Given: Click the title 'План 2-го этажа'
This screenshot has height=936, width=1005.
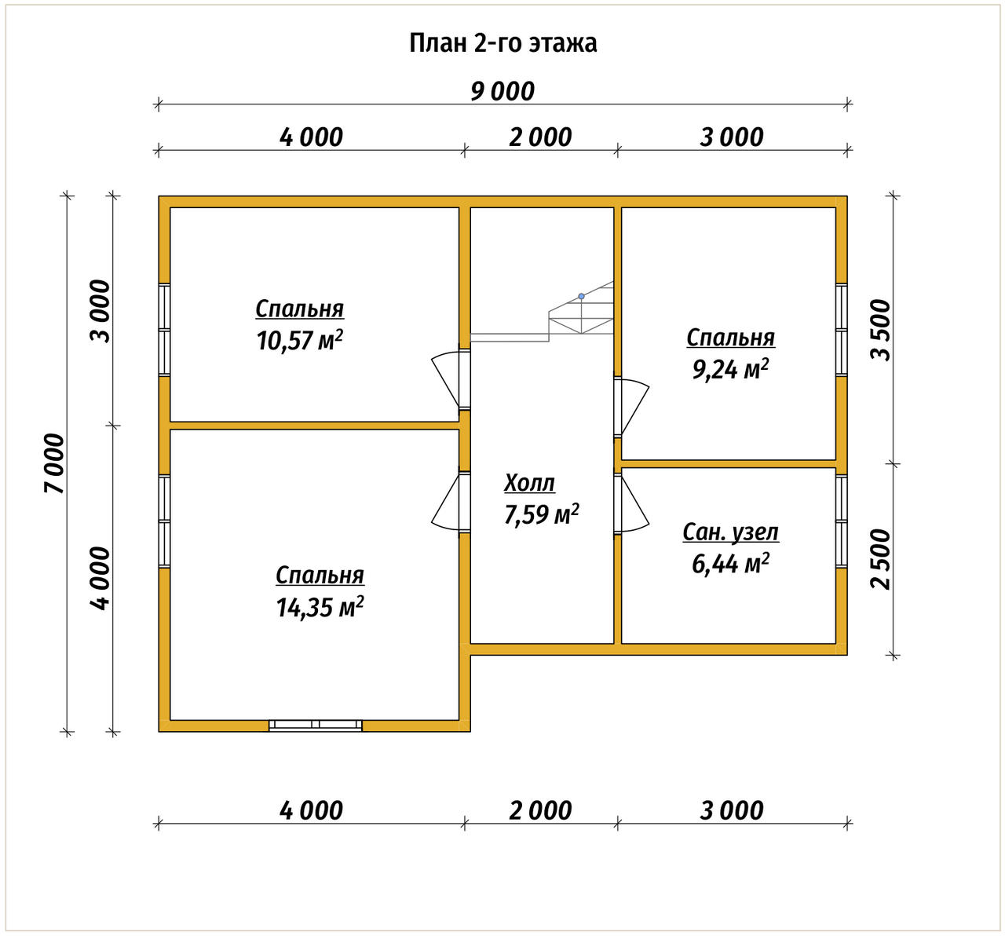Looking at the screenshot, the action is click(502, 43).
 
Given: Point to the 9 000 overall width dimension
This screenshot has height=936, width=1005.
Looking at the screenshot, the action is click(502, 92).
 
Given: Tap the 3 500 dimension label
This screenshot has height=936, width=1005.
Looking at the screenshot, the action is click(881, 330).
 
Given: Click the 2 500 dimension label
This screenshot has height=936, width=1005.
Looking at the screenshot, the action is click(881, 559).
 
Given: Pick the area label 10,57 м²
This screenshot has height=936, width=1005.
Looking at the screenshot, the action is click(300, 341).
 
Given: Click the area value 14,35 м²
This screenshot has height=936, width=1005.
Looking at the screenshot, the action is click(320, 607).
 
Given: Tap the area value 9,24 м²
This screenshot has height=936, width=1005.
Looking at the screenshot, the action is click(730, 370).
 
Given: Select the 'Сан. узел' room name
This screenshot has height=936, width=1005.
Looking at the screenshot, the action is click(731, 532).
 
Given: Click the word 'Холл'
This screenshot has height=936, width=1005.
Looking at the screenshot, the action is click(529, 484).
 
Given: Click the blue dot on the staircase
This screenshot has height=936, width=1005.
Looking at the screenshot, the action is click(582, 296).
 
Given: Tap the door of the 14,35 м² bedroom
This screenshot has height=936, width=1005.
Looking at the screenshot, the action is click(451, 502).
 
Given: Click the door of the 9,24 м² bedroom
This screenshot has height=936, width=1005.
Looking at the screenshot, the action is click(631, 408).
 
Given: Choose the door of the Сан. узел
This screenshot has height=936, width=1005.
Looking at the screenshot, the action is click(631, 503).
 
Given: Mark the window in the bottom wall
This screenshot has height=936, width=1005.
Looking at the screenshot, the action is click(316, 726).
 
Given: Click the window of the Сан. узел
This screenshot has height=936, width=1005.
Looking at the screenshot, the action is click(841, 522).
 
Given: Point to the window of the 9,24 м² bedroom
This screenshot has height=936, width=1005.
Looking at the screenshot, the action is click(841, 330).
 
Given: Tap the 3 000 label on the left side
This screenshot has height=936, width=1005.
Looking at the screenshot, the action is click(100, 311).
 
